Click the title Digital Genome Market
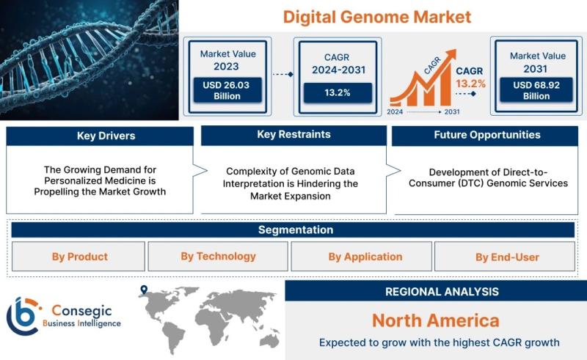click(x=377, y=17)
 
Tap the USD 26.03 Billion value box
click(x=227, y=90)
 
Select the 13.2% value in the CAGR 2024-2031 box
click(x=338, y=93)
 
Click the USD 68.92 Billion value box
click(x=536, y=89)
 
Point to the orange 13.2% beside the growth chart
click(x=470, y=84)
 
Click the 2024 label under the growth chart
click(x=395, y=112)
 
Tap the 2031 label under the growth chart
click(x=452, y=112)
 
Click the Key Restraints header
click(x=294, y=135)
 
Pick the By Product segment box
click(x=79, y=257)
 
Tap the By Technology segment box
click(x=218, y=257)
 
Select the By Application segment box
click(x=361, y=257)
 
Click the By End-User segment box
click(x=505, y=257)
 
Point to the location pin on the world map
click(x=144, y=290)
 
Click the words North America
click(x=436, y=320)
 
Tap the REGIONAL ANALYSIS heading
click(x=442, y=292)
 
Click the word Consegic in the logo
click(x=81, y=311)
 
